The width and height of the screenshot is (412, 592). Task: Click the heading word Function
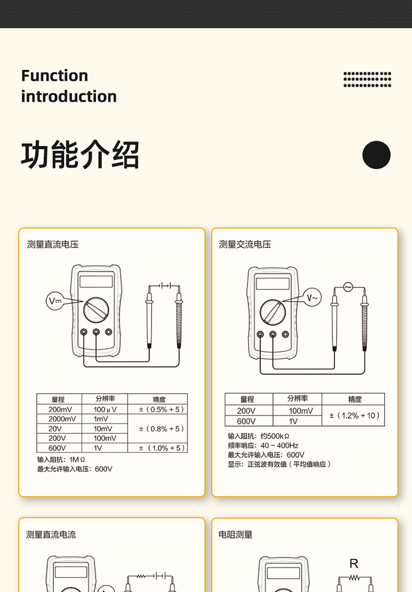click(55, 75)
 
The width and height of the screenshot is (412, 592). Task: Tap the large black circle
click(376, 155)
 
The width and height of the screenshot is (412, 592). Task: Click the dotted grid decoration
click(367, 79)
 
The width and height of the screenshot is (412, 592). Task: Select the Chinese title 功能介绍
click(80, 154)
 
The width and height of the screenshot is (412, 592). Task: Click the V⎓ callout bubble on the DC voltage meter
click(55, 301)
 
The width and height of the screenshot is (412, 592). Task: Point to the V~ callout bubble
click(313, 297)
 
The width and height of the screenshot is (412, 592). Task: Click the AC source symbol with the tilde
click(348, 287)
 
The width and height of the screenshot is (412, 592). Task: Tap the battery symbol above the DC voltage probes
click(164, 285)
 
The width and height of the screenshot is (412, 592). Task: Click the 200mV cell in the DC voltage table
click(60, 410)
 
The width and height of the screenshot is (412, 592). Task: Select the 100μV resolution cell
click(105, 410)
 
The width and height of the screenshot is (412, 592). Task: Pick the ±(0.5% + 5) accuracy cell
click(158, 410)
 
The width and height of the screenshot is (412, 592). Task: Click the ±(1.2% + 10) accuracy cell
click(354, 416)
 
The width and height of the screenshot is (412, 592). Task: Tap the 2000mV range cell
click(60, 419)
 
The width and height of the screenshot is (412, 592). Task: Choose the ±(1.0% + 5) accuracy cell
click(158, 448)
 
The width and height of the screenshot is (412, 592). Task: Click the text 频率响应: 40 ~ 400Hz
click(263, 445)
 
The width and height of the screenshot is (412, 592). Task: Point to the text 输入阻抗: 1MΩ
click(61, 460)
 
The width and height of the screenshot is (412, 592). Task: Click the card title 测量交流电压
click(245, 244)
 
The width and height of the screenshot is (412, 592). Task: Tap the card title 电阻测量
click(236, 535)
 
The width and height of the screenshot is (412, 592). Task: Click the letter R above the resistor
click(354, 563)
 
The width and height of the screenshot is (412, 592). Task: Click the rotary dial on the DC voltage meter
click(96, 310)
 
